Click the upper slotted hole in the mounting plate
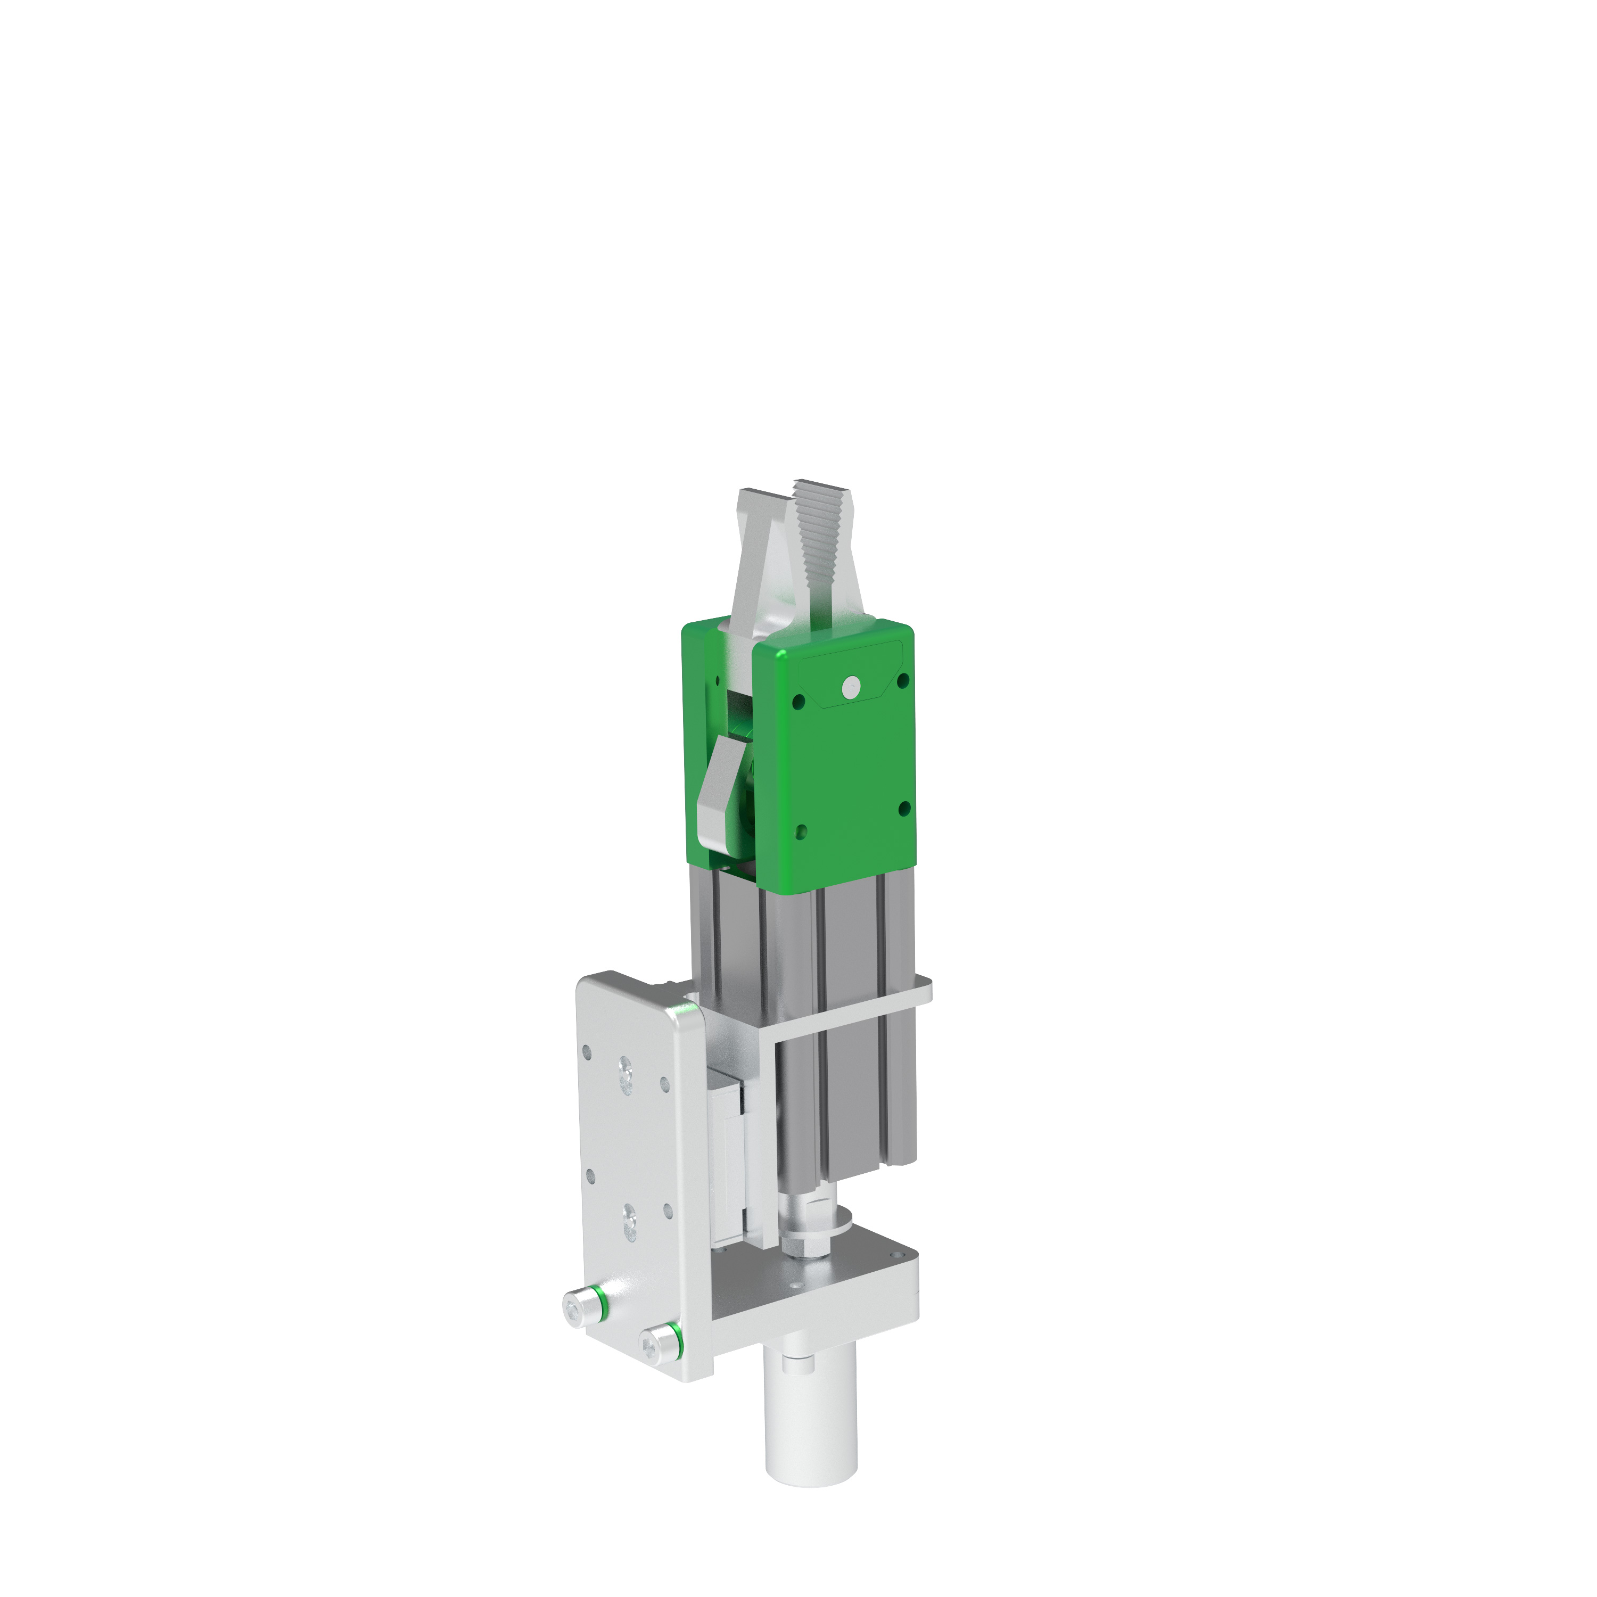tap(625, 1076)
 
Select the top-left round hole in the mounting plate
tap(587, 1052)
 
